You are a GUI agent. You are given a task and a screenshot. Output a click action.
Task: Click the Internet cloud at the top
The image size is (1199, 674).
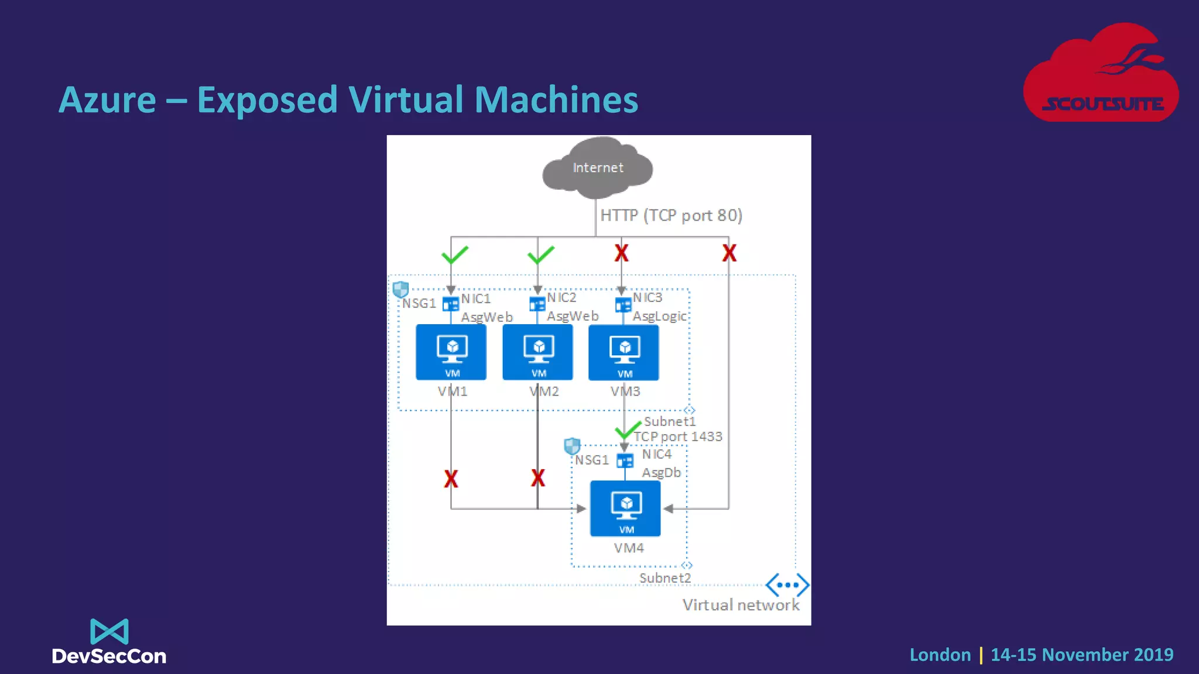tap(597, 167)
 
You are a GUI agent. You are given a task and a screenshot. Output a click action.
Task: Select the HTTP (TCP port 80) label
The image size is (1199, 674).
tap(671, 215)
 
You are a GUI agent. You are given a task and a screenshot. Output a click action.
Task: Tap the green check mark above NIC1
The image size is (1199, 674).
tap(454, 255)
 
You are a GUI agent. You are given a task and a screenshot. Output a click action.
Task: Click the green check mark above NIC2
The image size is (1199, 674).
tap(540, 255)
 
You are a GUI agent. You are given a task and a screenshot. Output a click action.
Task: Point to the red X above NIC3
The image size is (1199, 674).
tap(621, 253)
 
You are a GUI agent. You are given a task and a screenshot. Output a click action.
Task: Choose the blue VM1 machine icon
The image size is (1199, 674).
tap(451, 352)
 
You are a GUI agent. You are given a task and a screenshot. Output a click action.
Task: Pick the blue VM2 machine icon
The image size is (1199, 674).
tap(537, 352)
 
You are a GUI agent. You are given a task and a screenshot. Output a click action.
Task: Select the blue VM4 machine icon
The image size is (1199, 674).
tap(625, 508)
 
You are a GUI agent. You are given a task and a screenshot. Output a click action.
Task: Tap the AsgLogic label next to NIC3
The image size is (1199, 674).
tap(659, 317)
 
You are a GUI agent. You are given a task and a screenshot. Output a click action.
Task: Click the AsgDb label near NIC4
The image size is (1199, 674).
tap(662, 473)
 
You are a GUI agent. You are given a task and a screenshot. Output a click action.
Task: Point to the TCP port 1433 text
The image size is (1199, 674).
tap(678, 436)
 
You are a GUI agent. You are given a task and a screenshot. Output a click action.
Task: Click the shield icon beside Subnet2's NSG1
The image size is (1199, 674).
tap(572, 446)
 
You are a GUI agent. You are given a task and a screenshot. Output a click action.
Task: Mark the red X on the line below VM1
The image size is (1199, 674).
tap(451, 479)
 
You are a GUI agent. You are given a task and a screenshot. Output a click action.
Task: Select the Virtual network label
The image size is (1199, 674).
tap(741, 605)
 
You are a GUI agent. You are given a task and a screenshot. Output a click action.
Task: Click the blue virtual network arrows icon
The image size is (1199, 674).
tap(787, 584)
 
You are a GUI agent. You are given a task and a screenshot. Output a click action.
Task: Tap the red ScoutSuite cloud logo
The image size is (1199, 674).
tap(1101, 73)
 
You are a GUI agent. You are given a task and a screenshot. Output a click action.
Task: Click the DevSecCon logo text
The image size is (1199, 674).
tap(109, 656)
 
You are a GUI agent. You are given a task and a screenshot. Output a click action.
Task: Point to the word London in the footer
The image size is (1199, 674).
tap(940, 655)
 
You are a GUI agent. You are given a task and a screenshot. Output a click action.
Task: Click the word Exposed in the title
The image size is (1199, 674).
tap(267, 99)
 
